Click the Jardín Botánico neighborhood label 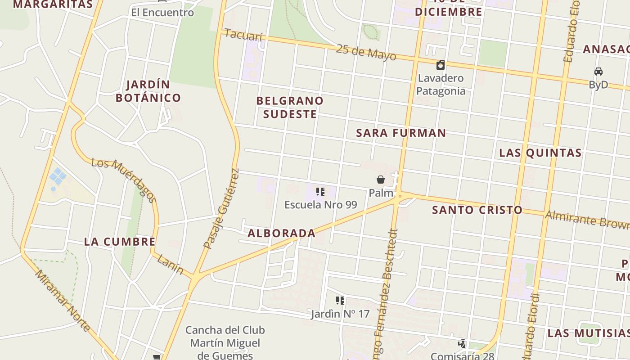click(148, 91)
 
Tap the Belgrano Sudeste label click(290, 107)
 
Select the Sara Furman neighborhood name click(401, 133)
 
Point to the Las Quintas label click(540, 153)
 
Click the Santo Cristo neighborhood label click(477, 210)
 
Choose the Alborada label click(282, 233)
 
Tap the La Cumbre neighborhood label click(120, 241)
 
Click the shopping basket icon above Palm click(381, 180)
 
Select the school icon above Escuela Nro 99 click(320, 192)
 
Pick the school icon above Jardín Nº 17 click(340, 301)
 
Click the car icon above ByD click(598, 72)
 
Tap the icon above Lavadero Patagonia click(441, 65)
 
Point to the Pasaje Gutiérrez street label click(221, 209)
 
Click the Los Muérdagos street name click(124, 180)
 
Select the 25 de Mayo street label click(366, 52)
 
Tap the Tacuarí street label click(243, 35)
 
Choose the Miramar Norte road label click(63, 300)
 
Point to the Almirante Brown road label click(587, 220)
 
